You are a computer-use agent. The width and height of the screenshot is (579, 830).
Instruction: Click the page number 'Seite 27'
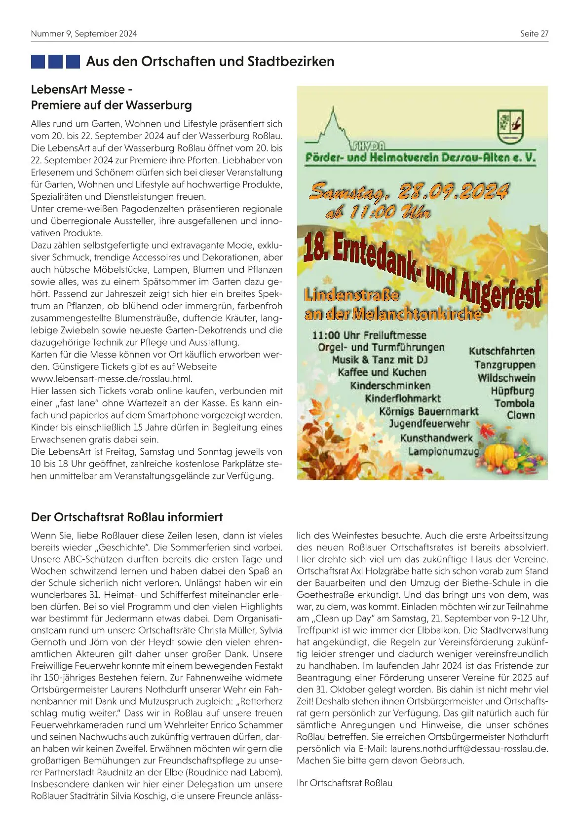tap(534, 34)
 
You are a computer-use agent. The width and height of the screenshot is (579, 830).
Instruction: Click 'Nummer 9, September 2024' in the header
tap(84, 34)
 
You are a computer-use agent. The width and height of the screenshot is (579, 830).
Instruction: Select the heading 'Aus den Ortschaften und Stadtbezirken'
tap(210, 62)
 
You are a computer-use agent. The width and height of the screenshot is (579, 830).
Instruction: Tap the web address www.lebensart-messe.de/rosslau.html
tap(112, 379)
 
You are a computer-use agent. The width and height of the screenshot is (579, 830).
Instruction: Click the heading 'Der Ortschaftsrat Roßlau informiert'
tap(127, 517)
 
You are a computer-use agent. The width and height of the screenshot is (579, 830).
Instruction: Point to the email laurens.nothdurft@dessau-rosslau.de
tap(469, 749)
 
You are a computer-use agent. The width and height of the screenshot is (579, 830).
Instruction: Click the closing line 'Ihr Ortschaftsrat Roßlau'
tap(345, 783)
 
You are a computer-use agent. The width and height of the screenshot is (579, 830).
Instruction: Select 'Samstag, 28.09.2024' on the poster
tap(409, 191)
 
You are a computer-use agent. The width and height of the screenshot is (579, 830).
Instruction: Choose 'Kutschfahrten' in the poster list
tap(502, 351)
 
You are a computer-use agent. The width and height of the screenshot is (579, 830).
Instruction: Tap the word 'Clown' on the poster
tap(521, 415)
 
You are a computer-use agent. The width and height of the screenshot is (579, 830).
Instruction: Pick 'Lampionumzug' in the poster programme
tap(443, 452)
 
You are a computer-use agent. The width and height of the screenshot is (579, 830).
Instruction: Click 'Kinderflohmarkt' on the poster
tap(403, 398)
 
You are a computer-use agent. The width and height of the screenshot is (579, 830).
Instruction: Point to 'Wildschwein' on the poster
tap(506, 378)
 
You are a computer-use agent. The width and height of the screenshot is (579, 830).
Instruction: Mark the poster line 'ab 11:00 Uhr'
tap(378, 213)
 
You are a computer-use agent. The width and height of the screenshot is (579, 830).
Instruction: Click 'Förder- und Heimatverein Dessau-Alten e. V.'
tap(420, 158)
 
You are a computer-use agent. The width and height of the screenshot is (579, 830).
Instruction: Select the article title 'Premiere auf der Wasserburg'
tap(112, 105)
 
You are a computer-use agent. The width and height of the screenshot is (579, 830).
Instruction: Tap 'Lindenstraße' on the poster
tap(351, 295)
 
